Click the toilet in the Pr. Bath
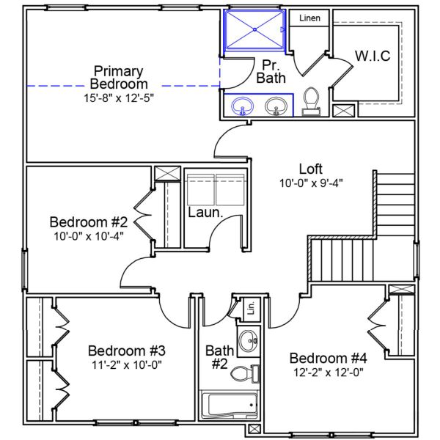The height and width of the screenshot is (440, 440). point(310,100)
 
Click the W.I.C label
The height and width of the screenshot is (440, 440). point(373,56)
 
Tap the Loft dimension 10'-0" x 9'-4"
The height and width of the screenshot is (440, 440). point(311,183)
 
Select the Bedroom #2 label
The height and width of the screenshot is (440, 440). point(89,221)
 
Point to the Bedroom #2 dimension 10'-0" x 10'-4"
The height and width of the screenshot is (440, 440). point(89,236)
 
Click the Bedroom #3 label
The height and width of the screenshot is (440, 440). point(127,350)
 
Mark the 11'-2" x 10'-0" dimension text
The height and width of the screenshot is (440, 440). point(127,364)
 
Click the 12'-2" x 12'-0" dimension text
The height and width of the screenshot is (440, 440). point(327,372)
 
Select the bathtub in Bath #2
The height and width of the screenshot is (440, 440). point(230,405)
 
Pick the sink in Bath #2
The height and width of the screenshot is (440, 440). point(249,340)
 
